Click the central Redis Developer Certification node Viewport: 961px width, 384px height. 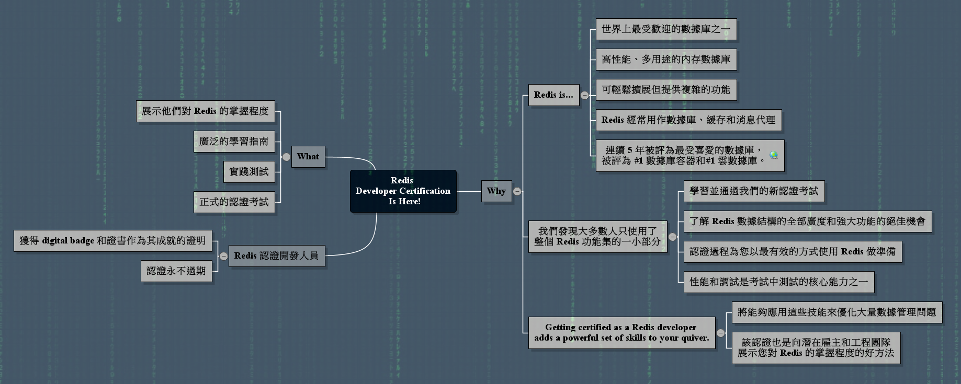pyautogui.click(x=403, y=191)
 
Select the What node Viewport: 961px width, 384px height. pyautogui.click(x=308, y=157)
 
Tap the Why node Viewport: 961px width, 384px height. pyautogui.click(x=496, y=191)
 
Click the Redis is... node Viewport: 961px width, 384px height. pyautogui.click(x=553, y=95)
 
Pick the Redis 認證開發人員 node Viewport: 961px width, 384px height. pyautogui.click(x=277, y=256)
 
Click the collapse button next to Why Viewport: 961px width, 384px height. pyautogui.click(x=517, y=191)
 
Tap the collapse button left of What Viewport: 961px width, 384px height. pyautogui.click(x=286, y=157)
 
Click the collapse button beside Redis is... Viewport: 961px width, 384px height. pyautogui.click(x=585, y=95)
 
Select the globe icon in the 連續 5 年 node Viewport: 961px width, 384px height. pyautogui.click(x=774, y=155)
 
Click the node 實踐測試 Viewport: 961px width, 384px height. pyautogui.click(x=249, y=172)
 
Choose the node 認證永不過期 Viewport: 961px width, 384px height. pyautogui.click(x=176, y=271)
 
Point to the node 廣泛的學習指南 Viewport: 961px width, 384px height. pyautogui.click(x=234, y=142)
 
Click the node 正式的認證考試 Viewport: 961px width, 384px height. pyautogui.click(x=234, y=202)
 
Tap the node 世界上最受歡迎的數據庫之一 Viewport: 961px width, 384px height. pyautogui.click(x=666, y=29)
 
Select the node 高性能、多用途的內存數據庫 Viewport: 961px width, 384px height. pyautogui.click(x=666, y=60)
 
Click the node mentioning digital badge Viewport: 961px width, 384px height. pyautogui.click(x=113, y=241)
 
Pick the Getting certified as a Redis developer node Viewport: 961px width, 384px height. pyautogui.click(x=621, y=332)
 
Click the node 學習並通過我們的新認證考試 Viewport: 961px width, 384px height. pyautogui.click(x=754, y=191)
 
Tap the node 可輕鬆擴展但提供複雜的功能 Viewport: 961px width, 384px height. pyautogui.click(x=666, y=90)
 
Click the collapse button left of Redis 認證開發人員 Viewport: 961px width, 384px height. pyautogui.click(x=223, y=256)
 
